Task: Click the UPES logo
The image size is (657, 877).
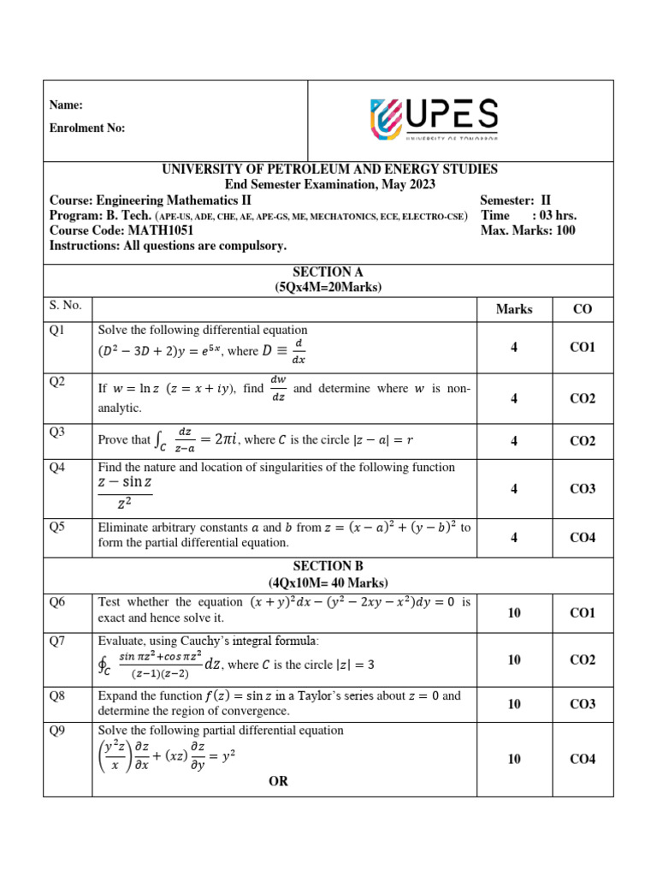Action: pyautogui.click(x=434, y=119)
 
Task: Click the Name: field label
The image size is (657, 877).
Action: pyautogui.click(x=66, y=105)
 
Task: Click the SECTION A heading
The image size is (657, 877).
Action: pyautogui.click(x=328, y=271)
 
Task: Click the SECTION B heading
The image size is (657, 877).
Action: pyautogui.click(x=328, y=566)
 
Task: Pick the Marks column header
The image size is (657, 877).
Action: pyautogui.click(x=514, y=309)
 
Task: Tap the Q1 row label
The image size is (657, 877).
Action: pyautogui.click(x=58, y=330)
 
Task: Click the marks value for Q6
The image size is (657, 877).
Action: pyautogui.click(x=514, y=613)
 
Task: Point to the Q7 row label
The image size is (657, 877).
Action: pyautogui.click(x=58, y=641)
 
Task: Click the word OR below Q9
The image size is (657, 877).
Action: pyautogui.click(x=279, y=781)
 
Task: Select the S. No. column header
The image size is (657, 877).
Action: pyautogui.click(x=65, y=304)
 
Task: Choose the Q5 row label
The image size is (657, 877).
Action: pyautogui.click(x=58, y=527)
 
